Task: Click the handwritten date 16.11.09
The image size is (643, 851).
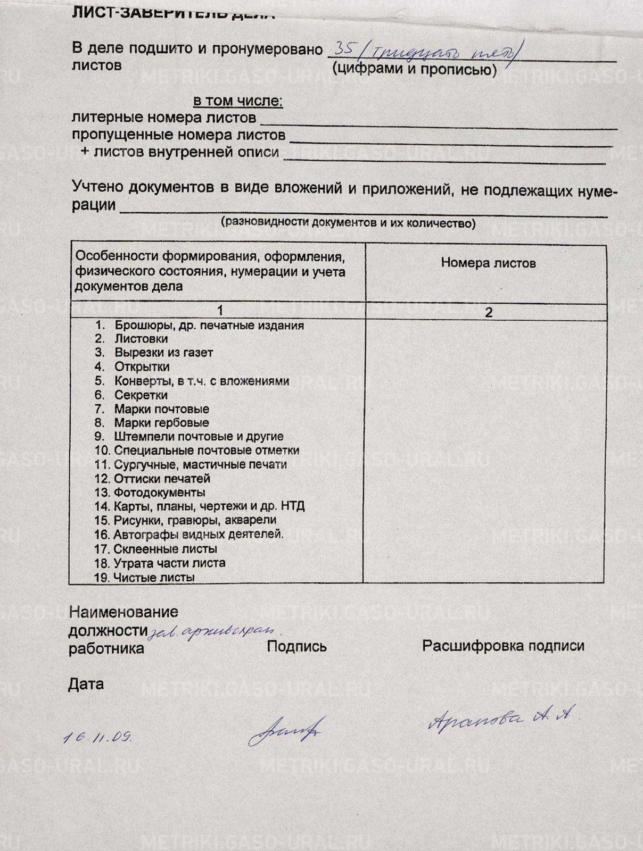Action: coord(97,737)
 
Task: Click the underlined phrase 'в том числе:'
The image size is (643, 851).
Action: coord(237,101)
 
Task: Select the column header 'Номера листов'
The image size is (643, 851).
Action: coord(488,263)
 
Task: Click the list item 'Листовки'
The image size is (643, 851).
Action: coord(141,339)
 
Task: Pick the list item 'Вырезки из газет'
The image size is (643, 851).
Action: coord(163,353)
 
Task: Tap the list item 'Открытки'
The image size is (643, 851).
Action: coord(142,367)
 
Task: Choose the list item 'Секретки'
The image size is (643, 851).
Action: coord(141,395)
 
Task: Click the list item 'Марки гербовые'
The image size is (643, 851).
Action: coord(161,423)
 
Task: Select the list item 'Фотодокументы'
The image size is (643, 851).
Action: coord(159,493)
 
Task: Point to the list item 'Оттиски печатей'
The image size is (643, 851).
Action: coord(162,479)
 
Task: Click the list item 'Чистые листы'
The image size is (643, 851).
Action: coord(153,577)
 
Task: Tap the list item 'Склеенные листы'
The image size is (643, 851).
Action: coord(165,549)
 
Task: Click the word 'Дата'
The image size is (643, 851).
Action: coord(86,684)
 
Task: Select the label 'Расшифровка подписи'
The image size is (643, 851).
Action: coord(503,646)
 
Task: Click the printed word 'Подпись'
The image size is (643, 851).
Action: coord(296,647)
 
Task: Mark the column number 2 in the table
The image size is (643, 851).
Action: coord(488,312)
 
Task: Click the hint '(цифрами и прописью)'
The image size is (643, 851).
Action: coord(414,69)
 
